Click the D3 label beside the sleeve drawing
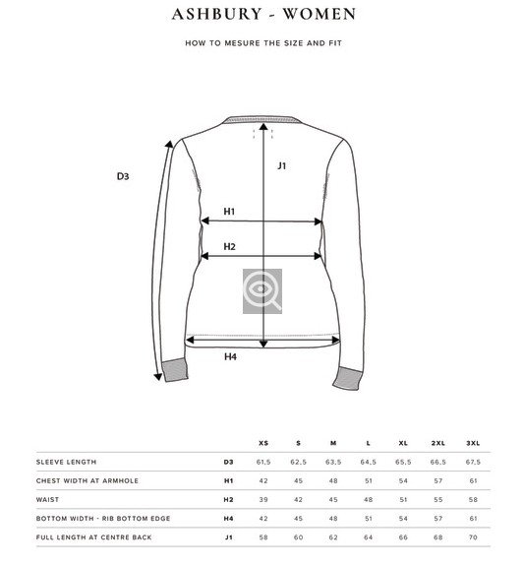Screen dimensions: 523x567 [124, 177]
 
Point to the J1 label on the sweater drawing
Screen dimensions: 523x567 [282, 165]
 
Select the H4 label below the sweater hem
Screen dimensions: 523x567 [230, 357]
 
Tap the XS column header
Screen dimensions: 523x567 [262, 443]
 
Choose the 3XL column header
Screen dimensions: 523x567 [473, 443]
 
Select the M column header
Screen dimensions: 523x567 [333, 443]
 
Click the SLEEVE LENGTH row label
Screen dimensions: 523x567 [66, 462]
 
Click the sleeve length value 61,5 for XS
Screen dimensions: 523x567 [262, 462]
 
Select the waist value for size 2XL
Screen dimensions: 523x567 [437, 499]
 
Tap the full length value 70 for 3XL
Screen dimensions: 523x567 [473, 536]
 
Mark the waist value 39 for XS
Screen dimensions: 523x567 [262, 499]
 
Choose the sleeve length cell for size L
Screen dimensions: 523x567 [369, 462]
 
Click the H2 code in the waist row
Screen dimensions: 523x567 [227, 499]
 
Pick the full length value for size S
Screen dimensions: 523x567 [298, 536]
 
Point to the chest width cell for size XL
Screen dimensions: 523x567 [403, 480]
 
